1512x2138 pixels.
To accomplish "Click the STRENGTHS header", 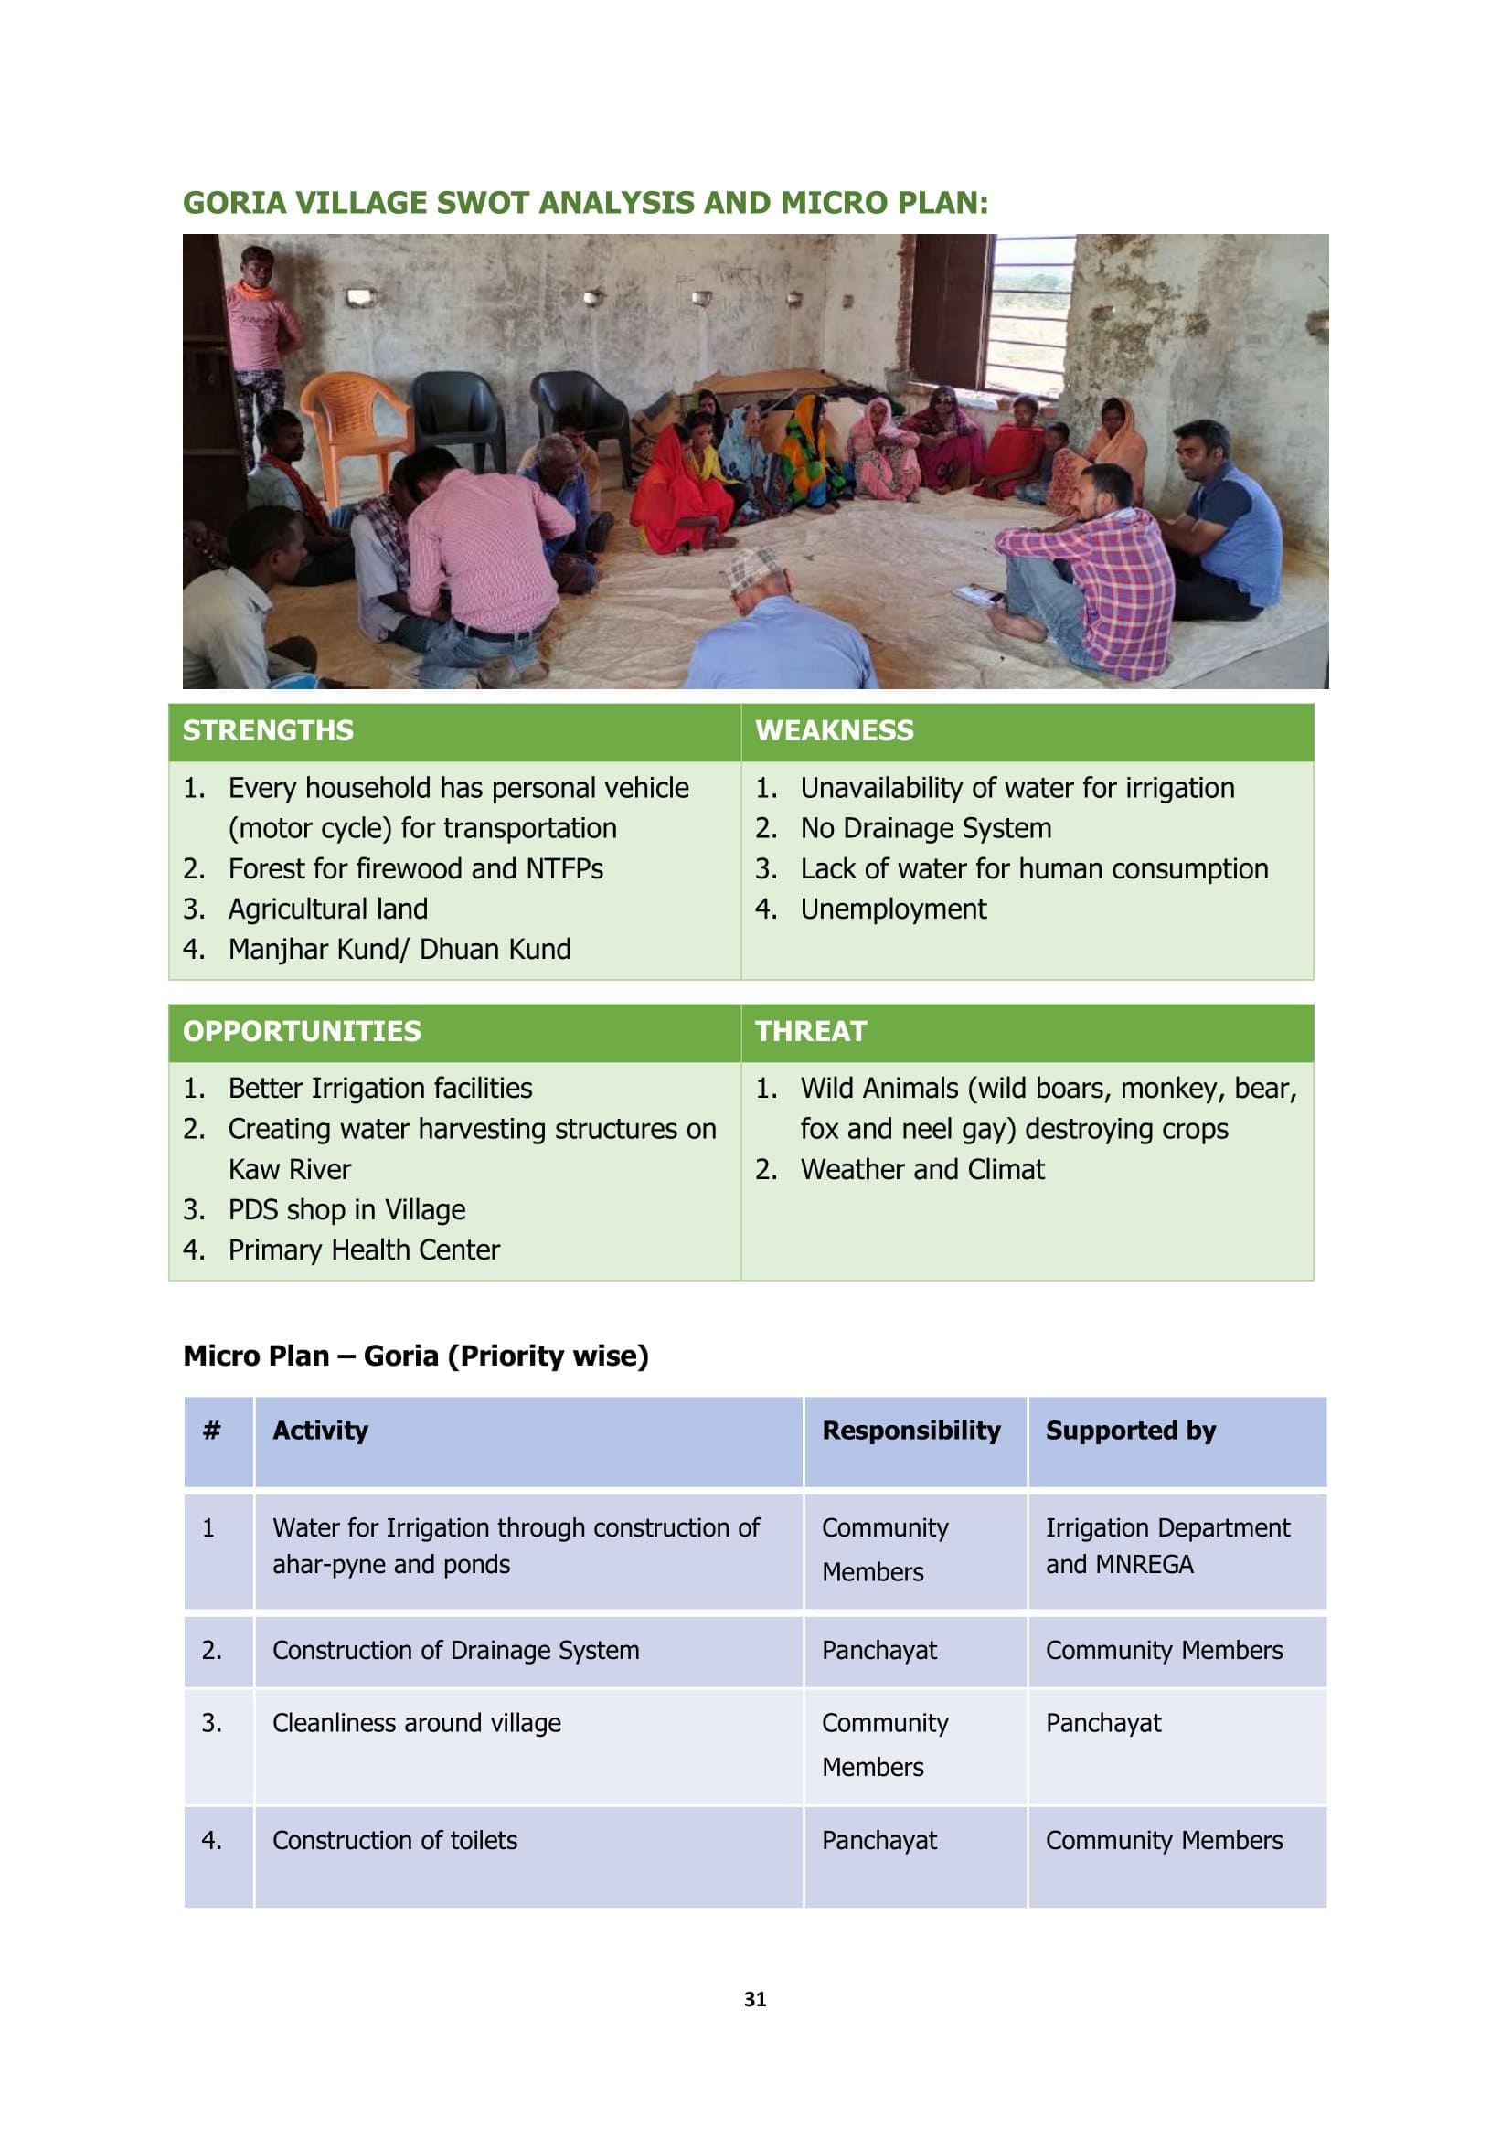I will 268,731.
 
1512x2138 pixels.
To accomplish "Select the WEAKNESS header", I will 835,731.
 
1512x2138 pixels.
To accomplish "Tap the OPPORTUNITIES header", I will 302,1032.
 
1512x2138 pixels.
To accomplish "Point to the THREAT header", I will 810,1032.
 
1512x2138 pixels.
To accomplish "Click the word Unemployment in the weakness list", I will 893,909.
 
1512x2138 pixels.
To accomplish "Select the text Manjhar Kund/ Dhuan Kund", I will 399,950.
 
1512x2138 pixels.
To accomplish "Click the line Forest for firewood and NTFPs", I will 415,868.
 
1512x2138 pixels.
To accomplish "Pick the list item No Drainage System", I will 925,829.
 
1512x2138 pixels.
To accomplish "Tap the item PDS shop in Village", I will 346,1209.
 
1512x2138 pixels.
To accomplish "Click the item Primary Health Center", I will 364,1250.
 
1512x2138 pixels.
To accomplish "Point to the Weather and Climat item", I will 921,1170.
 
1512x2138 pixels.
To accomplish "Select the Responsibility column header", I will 910,1431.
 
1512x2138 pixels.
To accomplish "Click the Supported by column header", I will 1130,1431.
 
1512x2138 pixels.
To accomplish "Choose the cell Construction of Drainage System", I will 455,1651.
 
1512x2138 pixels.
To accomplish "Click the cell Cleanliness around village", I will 416,1724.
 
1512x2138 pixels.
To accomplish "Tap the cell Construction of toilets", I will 395,1841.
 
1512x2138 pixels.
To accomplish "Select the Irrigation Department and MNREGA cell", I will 1166,1547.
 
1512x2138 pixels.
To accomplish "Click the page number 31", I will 755,1999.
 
